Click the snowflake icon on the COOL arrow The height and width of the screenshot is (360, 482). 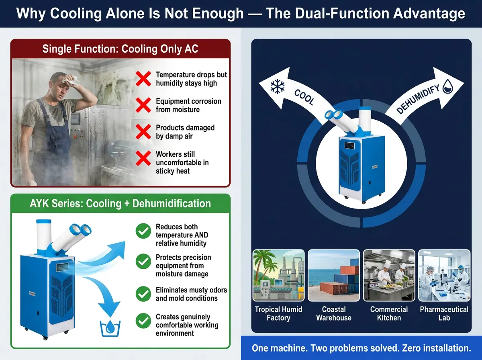(x=277, y=86)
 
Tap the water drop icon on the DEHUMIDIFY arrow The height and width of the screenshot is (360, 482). (x=448, y=86)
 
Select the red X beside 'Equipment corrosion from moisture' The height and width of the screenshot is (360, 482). (x=143, y=105)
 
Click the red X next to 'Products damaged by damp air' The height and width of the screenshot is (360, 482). (x=143, y=132)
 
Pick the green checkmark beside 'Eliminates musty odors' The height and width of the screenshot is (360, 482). (x=143, y=294)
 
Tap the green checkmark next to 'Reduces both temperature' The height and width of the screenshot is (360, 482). (x=143, y=231)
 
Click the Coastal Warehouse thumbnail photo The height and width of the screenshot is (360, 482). (x=333, y=275)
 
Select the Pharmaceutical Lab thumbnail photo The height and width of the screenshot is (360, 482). (x=444, y=275)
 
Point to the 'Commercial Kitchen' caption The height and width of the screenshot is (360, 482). (x=389, y=313)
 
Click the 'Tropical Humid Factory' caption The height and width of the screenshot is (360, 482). (x=278, y=313)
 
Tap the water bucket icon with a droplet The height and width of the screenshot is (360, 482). (x=110, y=328)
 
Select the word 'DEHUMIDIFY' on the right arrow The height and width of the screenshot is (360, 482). (x=418, y=99)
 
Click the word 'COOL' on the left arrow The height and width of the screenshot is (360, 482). (x=304, y=97)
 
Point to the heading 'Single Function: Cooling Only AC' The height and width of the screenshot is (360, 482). (x=120, y=49)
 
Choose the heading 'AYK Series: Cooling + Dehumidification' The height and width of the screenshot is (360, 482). (x=120, y=203)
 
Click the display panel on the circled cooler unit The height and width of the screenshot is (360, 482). (x=349, y=145)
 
